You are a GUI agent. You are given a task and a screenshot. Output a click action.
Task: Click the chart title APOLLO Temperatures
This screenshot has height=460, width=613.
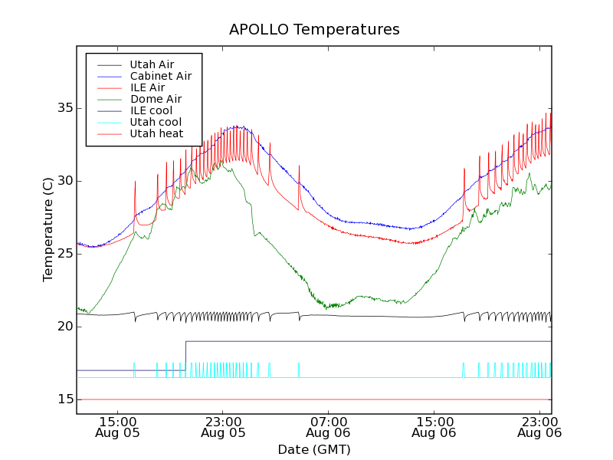(314, 30)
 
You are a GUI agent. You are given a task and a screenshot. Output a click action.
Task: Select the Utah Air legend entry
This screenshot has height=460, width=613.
(152, 64)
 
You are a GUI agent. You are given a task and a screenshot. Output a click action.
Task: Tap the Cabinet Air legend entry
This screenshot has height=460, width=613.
(160, 76)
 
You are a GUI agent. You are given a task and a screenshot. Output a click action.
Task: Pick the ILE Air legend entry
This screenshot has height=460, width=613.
(147, 87)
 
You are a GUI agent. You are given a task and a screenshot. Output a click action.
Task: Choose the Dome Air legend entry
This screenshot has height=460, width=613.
(156, 99)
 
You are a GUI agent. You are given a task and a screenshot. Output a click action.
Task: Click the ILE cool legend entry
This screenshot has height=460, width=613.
(151, 110)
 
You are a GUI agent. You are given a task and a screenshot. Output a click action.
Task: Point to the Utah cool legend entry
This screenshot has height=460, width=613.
(156, 122)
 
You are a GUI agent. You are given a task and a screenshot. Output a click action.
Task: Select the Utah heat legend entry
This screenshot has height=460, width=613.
(156, 133)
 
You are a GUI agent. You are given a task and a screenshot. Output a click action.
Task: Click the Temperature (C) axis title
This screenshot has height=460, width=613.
(48, 229)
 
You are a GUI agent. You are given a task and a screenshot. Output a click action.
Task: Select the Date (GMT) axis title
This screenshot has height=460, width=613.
(314, 449)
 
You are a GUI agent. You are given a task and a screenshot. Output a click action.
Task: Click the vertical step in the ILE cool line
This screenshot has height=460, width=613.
(185, 356)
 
